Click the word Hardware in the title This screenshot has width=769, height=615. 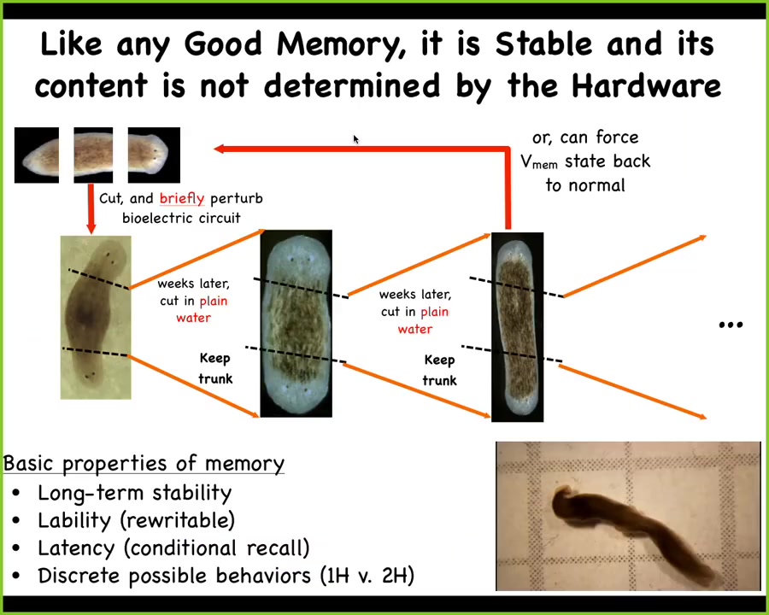click(x=647, y=86)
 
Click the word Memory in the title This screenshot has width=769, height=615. click(x=338, y=45)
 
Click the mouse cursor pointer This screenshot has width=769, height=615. click(x=356, y=139)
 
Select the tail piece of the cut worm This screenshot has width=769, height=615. click(x=37, y=155)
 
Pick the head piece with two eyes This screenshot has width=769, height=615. click(x=154, y=155)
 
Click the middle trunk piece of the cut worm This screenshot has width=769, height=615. click(x=93, y=155)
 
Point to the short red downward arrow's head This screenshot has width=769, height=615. click(x=91, y=227)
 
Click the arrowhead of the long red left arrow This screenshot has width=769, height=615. click(x=220, y=149)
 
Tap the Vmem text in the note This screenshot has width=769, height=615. click(x=539, y=161)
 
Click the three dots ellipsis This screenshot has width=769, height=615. click(x=731, y=325)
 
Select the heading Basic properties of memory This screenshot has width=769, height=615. click(x=144, y=464)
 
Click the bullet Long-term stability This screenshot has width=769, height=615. click(x=134, y=493)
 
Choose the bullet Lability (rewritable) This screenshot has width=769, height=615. click(x=137, y=520)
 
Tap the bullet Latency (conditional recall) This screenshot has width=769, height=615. click(x=173, y=548)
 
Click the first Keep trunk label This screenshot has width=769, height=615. click(x=214, y=368)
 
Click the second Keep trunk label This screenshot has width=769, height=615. click(x=439, y=370)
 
